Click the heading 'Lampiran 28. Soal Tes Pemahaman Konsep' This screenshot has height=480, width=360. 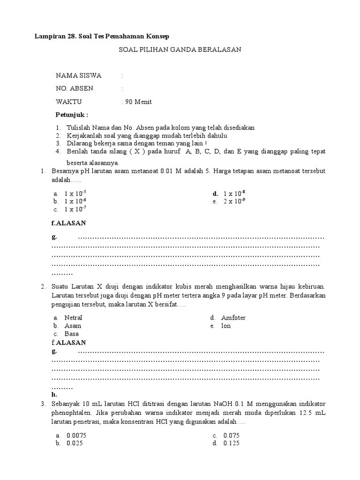point(102,36)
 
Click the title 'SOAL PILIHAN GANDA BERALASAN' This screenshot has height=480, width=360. point(180,49)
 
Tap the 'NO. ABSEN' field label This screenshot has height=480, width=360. point(75,89)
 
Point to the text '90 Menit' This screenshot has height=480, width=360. point(138,102)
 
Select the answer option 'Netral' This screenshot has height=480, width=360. point(73,317)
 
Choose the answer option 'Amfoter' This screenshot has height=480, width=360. point(233,317)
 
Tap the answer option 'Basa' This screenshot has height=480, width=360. point(72,334)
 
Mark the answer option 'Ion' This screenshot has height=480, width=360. point(226,326)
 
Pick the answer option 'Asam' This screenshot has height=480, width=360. point(73,326)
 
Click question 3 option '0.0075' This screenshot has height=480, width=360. point(77,435)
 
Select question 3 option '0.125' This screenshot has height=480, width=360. point(232,443)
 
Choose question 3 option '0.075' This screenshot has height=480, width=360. point(232,435)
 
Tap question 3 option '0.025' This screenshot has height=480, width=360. point(75,443)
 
